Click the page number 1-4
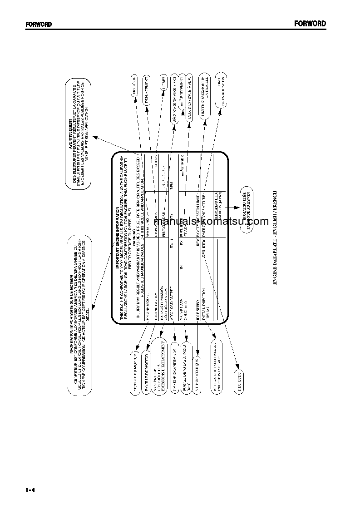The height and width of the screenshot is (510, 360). coord(31,489)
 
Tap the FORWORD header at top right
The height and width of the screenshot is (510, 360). coord(310,24)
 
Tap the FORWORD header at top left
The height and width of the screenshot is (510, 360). coord(39,24)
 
